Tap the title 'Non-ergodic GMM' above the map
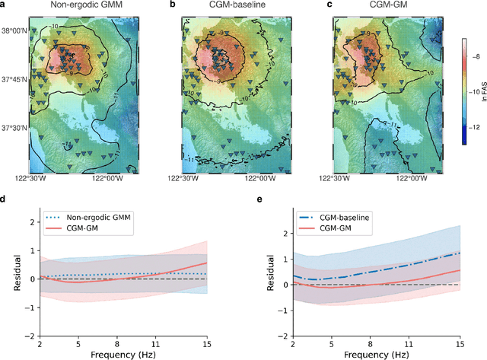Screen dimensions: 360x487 [x=84, y=5]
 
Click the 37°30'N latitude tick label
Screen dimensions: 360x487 [x=14, y=127]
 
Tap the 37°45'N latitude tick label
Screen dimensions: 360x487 [x=14, y=79]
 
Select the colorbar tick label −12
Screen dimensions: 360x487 [x=474, y=126]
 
